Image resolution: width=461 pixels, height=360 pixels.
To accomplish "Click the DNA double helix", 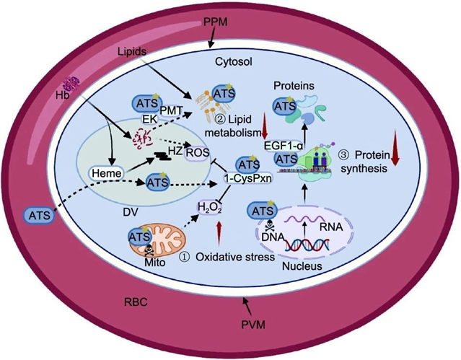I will [302, 246].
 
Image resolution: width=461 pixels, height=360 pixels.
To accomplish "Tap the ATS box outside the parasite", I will [41, 214].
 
